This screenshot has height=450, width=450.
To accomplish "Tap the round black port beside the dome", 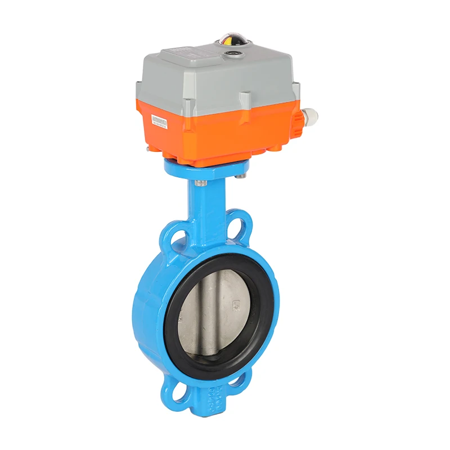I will pos(233,55).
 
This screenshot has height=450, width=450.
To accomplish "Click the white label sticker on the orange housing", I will pos(160,121).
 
